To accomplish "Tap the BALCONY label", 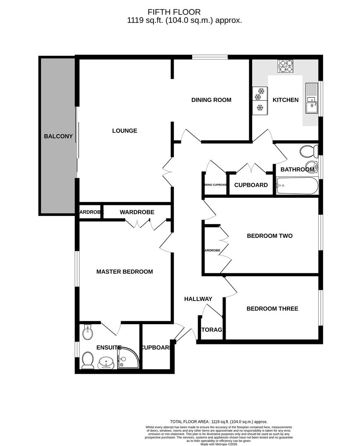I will (x=58, y=136).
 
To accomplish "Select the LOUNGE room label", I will (x=124, y=131).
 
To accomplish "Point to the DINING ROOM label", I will (x=211, y=100).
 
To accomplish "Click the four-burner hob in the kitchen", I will (x=286, y=66).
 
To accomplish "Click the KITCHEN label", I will (x=285, y=100).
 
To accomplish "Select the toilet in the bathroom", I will (x=308, y=151).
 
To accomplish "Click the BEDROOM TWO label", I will (x=269, y=236).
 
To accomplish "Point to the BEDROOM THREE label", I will (x=272, y=309).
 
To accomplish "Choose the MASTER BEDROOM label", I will (x=124, y=272).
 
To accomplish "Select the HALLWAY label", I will (x=198, y=299).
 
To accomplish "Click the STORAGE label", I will (x=212, y=330).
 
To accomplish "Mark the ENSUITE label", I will (x=109, y=348).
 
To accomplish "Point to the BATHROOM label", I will (x=297, y=170).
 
